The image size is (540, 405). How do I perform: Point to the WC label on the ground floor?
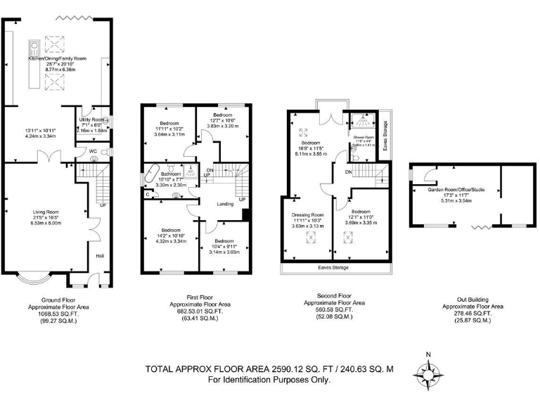[x=93, y=151]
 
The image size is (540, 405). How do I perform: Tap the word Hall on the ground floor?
[x=100, y=256]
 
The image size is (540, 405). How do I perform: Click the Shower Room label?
[x=362, y=137]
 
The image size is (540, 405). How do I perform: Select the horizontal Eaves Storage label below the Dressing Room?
[x=334, y=268]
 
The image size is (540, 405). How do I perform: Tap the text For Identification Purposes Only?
[x=269, y=380]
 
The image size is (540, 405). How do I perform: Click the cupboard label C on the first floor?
[x=147, y=195]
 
